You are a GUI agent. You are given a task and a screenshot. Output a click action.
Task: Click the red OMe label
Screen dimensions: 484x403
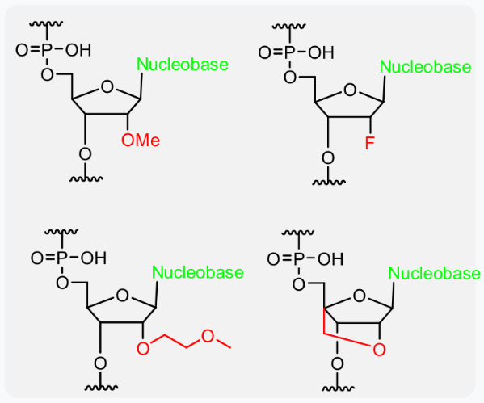[x=141, y=141]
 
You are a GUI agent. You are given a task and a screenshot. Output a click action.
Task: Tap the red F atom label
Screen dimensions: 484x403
[x=369, y=143]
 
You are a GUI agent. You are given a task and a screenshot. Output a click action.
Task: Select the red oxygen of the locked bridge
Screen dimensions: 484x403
[x=379, y=350]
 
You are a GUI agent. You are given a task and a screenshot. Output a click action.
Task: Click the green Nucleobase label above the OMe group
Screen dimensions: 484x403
[x=183, y=64]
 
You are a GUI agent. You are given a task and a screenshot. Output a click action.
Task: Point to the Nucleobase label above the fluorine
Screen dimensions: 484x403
[x=425, y=67]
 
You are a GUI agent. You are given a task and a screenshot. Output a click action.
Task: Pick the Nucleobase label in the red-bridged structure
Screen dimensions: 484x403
[x=434, y=274]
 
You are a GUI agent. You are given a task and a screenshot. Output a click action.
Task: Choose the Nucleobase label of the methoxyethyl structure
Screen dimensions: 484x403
[x=198, y=272]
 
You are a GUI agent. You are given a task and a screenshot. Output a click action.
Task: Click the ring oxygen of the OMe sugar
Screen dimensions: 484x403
[x=107, y=87]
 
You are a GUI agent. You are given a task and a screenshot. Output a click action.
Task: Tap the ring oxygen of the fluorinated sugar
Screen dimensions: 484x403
[x=350, y=90]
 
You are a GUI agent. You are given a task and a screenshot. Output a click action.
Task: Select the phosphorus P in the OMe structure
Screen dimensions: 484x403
[x=46, y=50]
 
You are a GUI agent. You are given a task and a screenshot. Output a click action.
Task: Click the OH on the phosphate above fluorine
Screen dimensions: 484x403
[x=321, y=52]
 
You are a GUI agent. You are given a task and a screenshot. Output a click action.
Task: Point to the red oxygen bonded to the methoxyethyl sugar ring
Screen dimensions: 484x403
[x=143, y=348]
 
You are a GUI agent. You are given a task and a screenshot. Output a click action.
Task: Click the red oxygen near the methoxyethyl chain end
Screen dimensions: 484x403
[x=208, y=336]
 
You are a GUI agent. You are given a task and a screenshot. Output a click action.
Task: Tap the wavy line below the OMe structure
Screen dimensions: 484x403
[x=86, y=178]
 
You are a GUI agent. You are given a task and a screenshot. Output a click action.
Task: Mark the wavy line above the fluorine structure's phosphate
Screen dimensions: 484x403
[x=289, y=26]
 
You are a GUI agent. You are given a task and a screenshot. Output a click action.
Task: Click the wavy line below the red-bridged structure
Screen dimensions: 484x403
[x=338, y=388]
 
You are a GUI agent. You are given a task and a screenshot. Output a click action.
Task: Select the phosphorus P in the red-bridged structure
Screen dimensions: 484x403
[x=298, y=259]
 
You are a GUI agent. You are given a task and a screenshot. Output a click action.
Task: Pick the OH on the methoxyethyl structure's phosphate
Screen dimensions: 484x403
[x=94, y=258]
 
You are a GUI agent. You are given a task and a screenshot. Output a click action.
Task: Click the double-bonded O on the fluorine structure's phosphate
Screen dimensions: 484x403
[x=264, y=52]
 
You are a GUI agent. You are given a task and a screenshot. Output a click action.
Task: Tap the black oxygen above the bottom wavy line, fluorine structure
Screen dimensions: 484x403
[x=328, y=158]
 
